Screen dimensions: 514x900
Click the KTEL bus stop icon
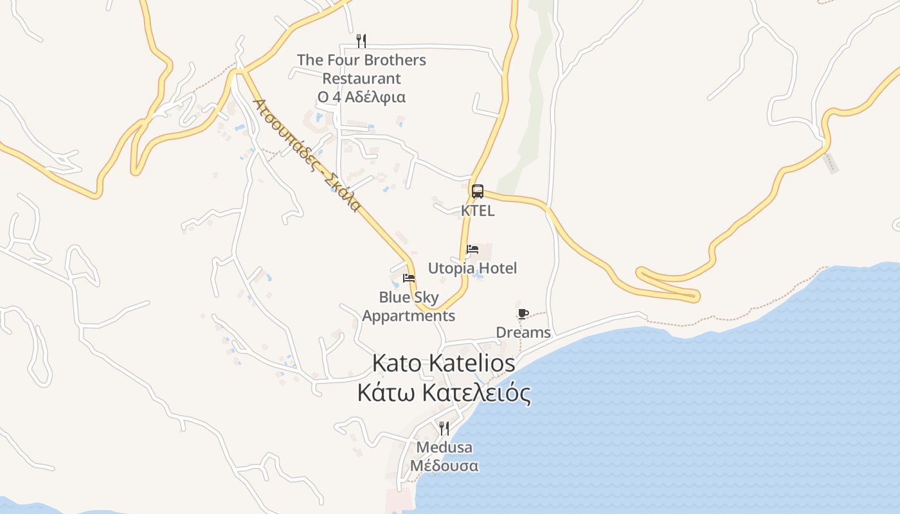(477, 191)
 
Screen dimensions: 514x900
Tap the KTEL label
(478, 211)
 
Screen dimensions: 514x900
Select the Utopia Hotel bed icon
(473, 249)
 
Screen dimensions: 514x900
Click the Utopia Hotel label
(473, 268)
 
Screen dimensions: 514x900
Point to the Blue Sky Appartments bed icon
(408, 278)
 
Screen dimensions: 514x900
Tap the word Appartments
(409, 316)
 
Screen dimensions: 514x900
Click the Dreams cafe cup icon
(523, 314)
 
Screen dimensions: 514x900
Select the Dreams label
(523, 332)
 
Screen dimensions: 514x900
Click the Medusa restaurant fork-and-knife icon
(444, 428)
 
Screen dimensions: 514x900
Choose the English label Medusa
(444, 447)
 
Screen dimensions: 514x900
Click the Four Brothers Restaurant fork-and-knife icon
(361, 41)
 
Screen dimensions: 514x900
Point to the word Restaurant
(361, 78)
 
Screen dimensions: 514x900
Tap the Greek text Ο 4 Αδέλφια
(361, 97)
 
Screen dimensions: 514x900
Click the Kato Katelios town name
(444, 363)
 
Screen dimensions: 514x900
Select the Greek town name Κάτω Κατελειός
(444, 393)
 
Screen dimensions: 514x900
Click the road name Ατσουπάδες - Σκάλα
(306, 155)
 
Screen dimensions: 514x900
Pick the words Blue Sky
(409, 297)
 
